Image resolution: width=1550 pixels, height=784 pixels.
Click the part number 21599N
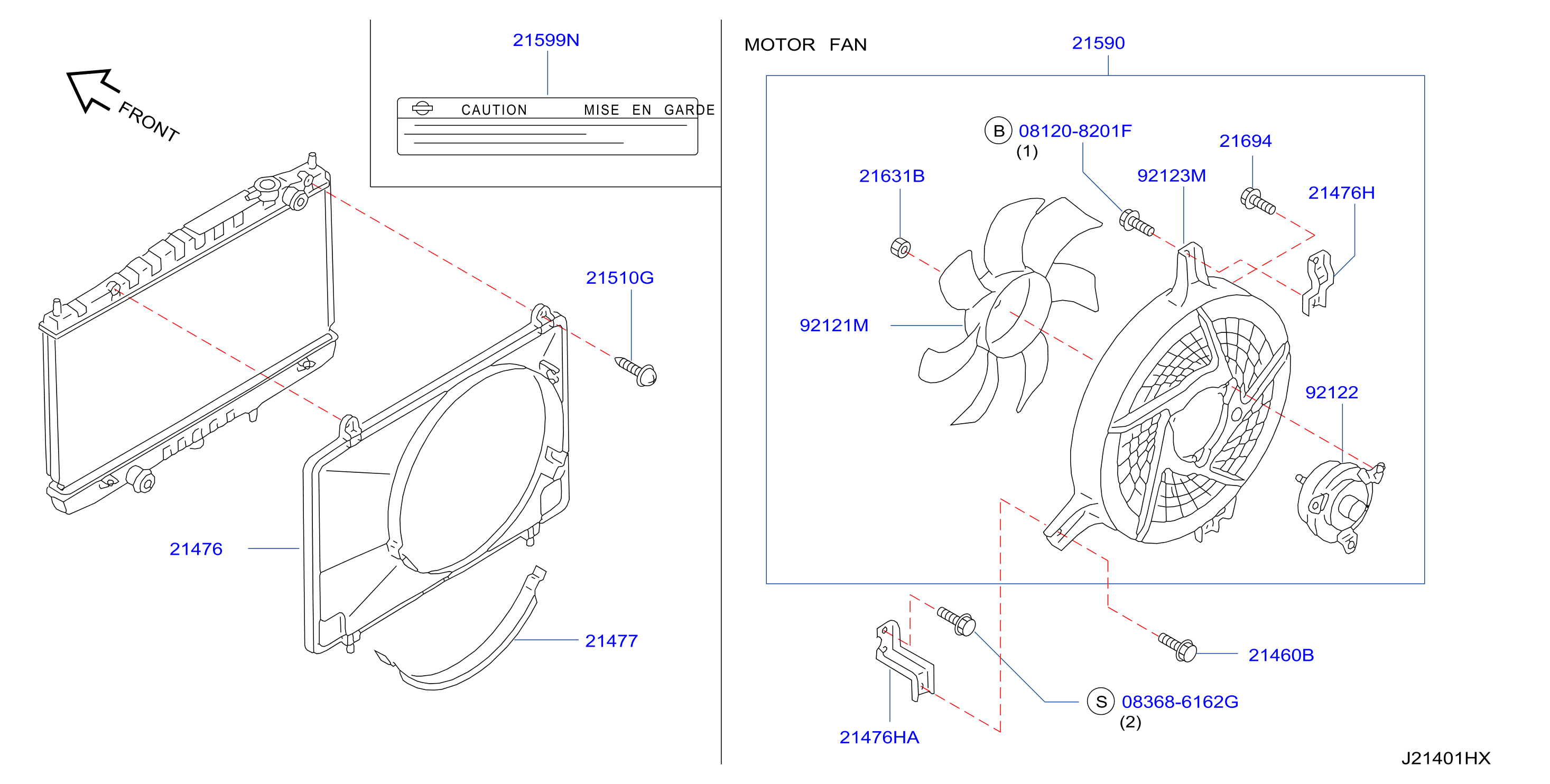546,40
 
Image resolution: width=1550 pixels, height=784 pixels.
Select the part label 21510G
620,278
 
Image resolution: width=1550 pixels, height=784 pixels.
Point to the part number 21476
196,549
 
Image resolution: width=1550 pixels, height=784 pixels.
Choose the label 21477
611,641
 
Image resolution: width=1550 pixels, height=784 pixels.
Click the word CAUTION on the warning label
494,110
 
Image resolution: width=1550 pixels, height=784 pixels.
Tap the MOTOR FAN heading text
805,45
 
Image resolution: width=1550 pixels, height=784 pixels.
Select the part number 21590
1098,43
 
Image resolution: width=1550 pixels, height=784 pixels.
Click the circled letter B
998,130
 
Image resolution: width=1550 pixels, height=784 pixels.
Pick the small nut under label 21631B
900,247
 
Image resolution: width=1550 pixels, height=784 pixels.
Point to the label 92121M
834,325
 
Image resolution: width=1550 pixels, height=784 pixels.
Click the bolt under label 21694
1257,201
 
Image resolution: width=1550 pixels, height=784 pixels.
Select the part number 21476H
1341,193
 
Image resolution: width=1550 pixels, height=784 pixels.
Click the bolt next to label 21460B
1177,647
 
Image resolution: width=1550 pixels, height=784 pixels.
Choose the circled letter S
1101,702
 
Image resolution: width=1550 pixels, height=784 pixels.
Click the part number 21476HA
879,738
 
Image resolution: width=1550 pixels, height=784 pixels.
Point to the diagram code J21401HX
1446,759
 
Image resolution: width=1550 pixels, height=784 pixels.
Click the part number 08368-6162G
1180,702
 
